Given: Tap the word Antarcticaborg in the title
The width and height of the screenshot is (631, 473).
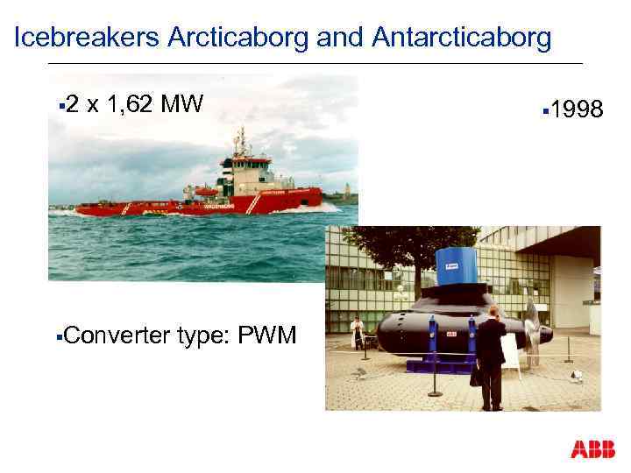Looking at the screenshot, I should pyautogui.click(x=462, y=38).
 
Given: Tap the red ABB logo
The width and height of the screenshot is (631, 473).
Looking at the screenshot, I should pyautogui.click(x=592, y=449).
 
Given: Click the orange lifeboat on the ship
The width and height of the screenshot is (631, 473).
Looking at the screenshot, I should pyautogui.click(x=207, y=190).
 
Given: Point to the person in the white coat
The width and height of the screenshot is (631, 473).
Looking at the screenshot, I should pyautogui.click(x=357, y=334).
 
